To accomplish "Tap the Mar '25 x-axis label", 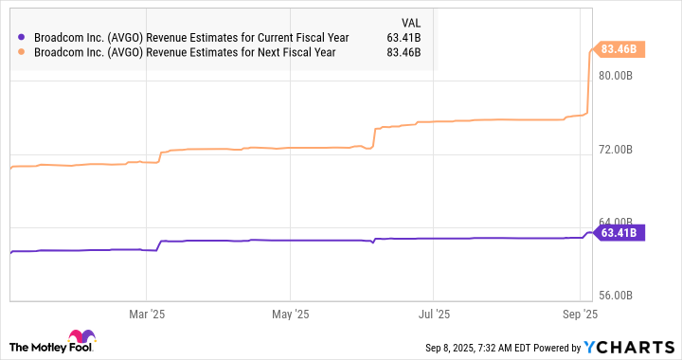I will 146,313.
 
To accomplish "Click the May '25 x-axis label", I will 290,313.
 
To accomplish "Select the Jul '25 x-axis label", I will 433,313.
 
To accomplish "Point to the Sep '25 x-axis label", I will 579,313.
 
